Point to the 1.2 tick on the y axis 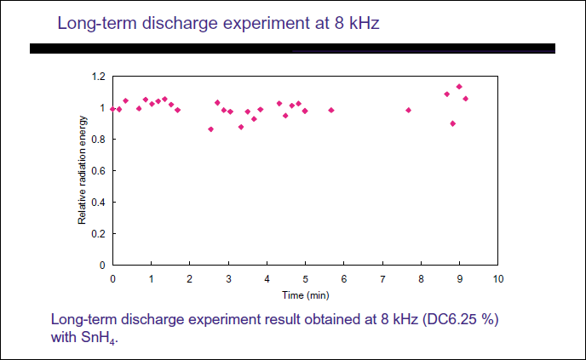[99, 77]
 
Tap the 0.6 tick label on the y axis [99, 170]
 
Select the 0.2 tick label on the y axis [99, 233]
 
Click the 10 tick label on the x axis [498, 278]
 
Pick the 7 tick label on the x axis [382, 278]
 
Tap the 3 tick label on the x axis [228, 278]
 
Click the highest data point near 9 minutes [459, 86]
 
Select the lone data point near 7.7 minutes [409, 110]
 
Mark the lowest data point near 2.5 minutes [210, 129]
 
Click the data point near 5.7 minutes [331, 110]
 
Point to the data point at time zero [112, 109]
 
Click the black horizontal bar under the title [292, 49]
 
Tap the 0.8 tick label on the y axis [99, 139]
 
